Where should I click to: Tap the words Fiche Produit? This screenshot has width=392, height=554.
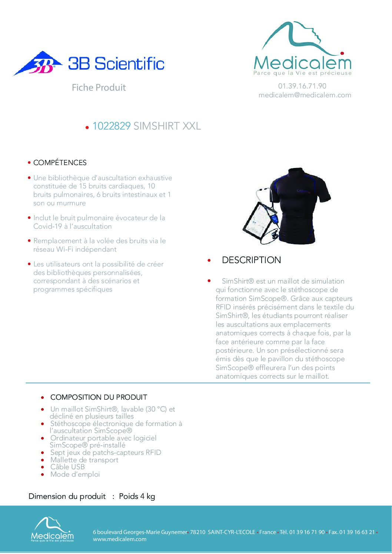[99, 88]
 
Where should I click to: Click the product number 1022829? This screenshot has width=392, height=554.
[111, 126]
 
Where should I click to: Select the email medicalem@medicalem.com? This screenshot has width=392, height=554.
[305, 95]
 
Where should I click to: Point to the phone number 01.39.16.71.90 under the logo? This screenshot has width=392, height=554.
[302, 86]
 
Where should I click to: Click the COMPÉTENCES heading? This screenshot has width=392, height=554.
[60, 163]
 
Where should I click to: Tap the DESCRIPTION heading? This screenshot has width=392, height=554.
[251, 260]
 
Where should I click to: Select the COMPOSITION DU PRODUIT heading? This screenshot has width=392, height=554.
[99, 397]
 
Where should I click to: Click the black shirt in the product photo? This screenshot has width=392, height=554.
[300, 204]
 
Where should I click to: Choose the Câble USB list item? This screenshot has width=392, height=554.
[67, 467]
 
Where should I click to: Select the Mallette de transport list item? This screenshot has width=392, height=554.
[84, 460]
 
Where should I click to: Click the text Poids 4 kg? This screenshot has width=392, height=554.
[137, 497]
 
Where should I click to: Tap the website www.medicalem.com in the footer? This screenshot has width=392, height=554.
[119, 539]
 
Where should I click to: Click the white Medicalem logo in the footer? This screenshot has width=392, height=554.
[52, 529]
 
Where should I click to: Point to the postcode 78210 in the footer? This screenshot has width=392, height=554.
[197, 532]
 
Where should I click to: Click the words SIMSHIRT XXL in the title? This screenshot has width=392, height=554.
[167, 126]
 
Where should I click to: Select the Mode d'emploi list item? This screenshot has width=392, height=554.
[75, 474]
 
